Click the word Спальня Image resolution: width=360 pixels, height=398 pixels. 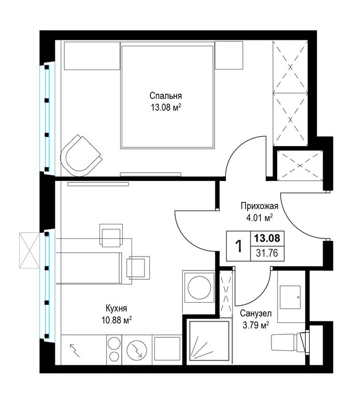pos(165,96)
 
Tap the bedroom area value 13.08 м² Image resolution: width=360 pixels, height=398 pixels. pos(166,108)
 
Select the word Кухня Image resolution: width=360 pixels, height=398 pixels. pos(116,308)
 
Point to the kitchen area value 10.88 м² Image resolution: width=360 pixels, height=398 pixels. pos(117,320)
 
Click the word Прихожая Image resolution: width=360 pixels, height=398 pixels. pos(260,206)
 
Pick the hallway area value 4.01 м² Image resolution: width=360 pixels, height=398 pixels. pos(260,218)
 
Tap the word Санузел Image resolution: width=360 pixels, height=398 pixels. pos(256,314)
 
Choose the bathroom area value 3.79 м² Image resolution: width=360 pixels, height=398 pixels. pos(256,325)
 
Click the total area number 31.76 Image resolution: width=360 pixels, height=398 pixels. pos(267,253)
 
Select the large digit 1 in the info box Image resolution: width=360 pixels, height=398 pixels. pos(238,246)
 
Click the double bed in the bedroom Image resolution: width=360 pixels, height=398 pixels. pos(167,95)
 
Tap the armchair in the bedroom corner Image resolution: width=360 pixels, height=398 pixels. pos(81,156)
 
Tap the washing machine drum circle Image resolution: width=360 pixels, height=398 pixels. pos(199,288)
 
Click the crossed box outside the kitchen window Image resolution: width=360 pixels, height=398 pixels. pos(30,250)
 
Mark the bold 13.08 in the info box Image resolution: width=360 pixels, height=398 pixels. pos(267,238)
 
